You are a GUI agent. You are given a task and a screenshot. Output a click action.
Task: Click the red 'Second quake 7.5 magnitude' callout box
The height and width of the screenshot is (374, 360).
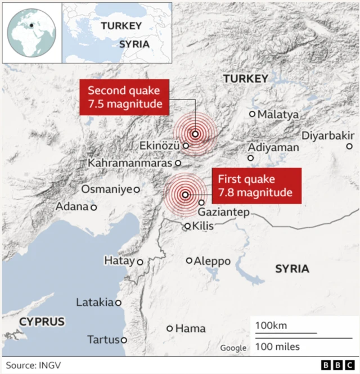124,97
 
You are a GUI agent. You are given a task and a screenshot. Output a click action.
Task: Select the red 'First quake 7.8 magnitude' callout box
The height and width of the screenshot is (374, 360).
256,186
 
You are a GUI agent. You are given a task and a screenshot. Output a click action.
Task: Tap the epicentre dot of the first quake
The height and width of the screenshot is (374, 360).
185,195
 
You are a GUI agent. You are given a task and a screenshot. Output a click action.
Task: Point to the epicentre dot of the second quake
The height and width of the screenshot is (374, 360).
195,134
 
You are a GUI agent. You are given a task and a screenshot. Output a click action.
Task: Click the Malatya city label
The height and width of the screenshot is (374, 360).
278,115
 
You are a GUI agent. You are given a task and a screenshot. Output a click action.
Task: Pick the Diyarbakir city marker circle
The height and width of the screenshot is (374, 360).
349,147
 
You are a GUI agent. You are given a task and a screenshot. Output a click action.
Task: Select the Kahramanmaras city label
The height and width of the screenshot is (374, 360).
130,163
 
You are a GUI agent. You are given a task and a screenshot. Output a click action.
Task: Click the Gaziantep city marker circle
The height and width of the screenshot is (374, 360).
202,202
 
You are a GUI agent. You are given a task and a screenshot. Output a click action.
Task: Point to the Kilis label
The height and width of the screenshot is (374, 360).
204,226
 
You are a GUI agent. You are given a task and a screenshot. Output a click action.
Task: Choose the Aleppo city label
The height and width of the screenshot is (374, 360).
212,261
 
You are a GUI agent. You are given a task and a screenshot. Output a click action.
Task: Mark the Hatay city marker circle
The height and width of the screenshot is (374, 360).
140,262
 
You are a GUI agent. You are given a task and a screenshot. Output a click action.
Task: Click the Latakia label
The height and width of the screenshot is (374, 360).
94,303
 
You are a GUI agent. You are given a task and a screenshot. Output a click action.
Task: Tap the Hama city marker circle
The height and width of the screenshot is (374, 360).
169,328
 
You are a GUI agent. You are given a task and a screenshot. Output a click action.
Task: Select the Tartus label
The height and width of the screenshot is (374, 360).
103,340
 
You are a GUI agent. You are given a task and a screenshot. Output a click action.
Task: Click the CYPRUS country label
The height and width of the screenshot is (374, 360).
41,322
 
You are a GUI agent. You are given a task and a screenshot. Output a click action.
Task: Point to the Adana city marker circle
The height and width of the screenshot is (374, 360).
93,207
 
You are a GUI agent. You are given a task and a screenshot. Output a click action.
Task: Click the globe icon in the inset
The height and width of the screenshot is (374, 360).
31,32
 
